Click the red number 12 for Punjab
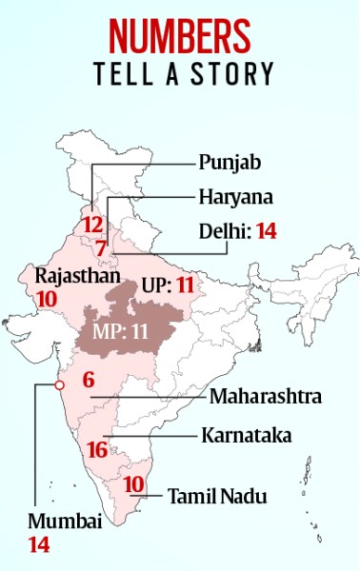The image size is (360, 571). click(x=92, y=226)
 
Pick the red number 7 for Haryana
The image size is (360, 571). click(x=99, y=247)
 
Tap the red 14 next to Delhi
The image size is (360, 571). click(x=265, y=231)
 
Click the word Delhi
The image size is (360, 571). click(x=221, y=231)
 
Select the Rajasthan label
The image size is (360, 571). click(x=77, y=277)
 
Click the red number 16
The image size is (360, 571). click(x=96, y=449)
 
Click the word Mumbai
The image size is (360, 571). click(x=62, y=522)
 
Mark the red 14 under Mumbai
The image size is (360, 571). click(x=38, y=545)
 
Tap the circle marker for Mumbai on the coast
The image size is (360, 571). click(x=59, y=384)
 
